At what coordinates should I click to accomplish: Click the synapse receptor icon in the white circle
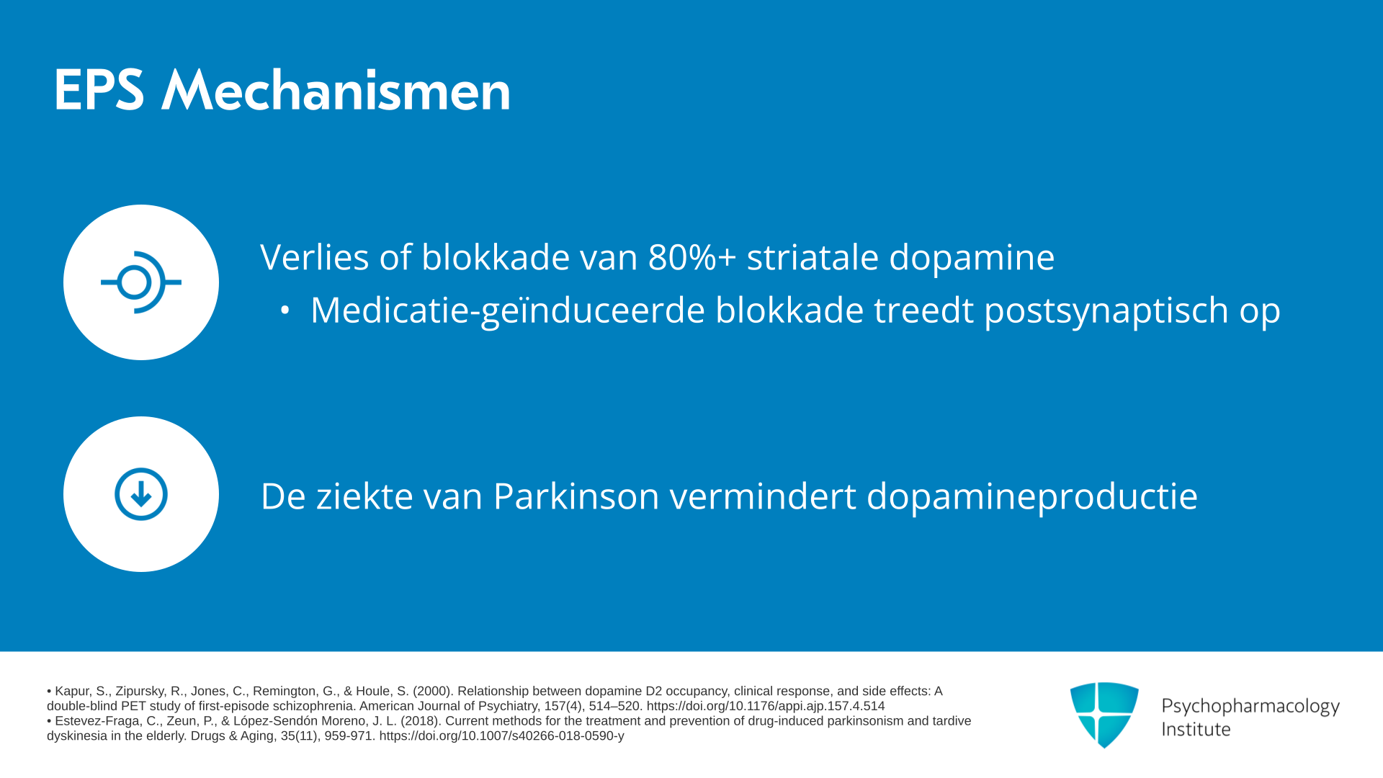click(x=141, y=282)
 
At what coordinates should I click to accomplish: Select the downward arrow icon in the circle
click(x=141, y=494)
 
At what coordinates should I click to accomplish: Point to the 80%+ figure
click(x=692, y=257)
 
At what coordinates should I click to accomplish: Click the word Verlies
click(x=315, y=257)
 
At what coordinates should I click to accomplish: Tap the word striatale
click(x=813, y=257)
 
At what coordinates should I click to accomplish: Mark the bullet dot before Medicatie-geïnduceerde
click(x=285, y=310)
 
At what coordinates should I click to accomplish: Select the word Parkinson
click(x=576, y=496)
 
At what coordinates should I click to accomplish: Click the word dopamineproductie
click(x=1031, y=497)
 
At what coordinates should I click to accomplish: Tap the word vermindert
click(x=763, y=496)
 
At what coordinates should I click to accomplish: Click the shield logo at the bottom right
click(x=1104, y=715)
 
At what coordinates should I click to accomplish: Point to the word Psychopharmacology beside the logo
click(x=1250, y=706)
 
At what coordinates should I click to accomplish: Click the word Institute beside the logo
click(x=1196, y=729)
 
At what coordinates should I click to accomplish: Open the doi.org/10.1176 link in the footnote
click(x=766, y=706)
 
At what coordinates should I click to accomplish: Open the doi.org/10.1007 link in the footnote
click(x=501, y=736)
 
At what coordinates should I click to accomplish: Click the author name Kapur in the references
click(x=72, y=692)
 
